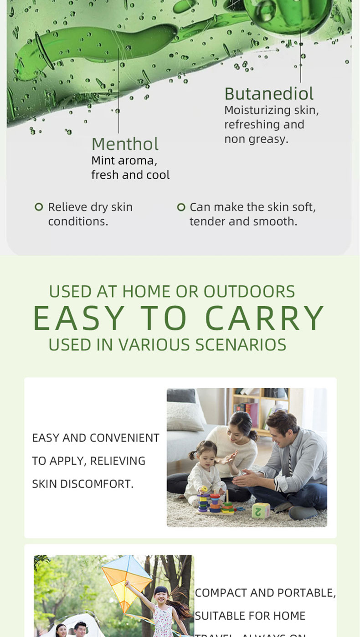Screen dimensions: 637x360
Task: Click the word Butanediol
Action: [x=269, y=94]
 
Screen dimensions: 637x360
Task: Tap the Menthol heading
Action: [x=125, y=144]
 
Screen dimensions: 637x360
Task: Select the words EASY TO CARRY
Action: [x=179, y=318]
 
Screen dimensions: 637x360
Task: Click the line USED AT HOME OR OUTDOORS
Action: [x=172, y=292]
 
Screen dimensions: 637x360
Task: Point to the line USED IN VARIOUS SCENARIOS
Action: [x=167, y=345]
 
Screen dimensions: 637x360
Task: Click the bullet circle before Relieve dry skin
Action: [x=39, y=207]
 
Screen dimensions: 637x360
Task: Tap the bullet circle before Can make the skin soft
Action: [x=181, y=207]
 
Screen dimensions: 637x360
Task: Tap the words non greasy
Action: [x=256, y=139]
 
